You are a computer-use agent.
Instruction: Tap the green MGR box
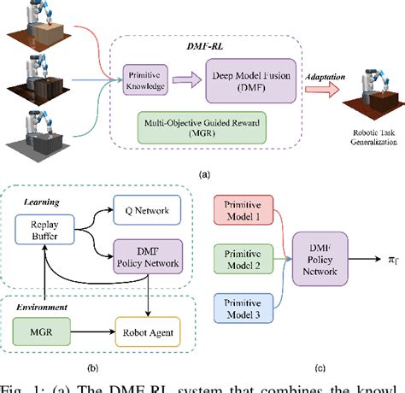42,326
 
